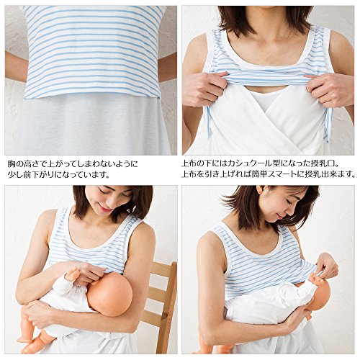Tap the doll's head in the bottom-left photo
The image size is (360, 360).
pyautogui.click(x=109, y=294)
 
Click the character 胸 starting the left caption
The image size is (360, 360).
pyautogui.click(x=12, y=164)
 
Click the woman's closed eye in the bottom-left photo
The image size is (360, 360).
pyautogui.click(x=102, y=192)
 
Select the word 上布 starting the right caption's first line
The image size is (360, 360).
pyautogui.click(x=189, y=164)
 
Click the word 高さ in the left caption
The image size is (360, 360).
pyautogui.click(x=31, y=164)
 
